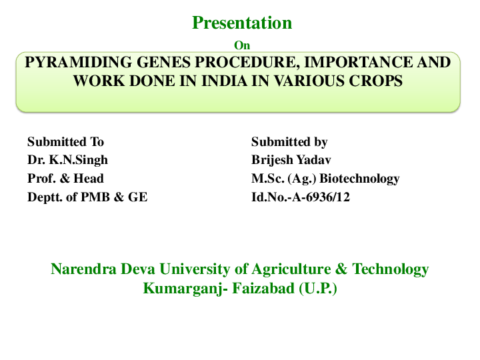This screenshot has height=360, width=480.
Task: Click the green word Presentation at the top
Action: pyautogui.click(x=242, y=23)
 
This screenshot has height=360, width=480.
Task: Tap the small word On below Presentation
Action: pyautogui.click(x=243, y=45)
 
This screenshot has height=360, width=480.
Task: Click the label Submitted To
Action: pyautogui.click(x=65, y=142)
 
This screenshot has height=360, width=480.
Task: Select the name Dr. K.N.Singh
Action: pyautogui.click(x=67, y=160)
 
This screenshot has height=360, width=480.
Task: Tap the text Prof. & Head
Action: pyautogui.click(x=65, y=179)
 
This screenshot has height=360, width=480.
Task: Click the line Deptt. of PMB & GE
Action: pyautogui.click(x=87, y=197)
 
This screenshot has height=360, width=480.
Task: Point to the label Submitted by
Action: pyautogui.click(x=289, y=142)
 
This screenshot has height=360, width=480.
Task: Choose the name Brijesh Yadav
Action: pyautogui.click(x=291, y=160)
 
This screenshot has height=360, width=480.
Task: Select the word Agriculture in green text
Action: pyautogui.click(x=291, y=269)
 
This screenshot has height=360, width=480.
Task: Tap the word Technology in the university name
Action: pyautogui.click(x=390, y=269)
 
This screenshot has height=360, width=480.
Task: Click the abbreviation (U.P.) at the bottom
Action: pyautogui.click(x=318, y=289)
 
